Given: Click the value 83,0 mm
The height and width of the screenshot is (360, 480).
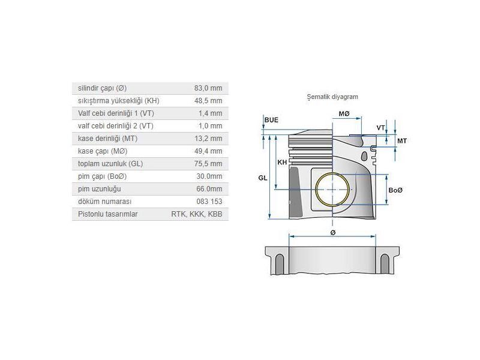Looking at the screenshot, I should click(208, 88).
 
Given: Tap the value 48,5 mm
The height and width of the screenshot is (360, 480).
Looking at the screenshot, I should click(208, 101).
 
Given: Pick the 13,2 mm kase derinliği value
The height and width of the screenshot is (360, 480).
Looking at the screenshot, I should click(208, 139).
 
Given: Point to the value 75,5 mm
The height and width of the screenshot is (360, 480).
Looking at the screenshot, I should click(208, 164).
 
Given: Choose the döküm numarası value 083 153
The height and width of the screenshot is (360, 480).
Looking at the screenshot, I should click(210, 202).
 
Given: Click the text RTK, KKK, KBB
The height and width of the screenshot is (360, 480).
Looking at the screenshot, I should click(197, 214).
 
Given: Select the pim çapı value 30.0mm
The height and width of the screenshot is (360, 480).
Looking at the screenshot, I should click(208, 176).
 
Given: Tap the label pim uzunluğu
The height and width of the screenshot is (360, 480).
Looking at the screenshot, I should click(95, 189).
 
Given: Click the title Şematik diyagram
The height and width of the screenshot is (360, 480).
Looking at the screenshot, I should click(332, 96).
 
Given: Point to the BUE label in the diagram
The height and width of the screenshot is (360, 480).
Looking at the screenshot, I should click(271, 120).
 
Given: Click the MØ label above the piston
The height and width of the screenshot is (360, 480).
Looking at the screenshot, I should click(344, 114).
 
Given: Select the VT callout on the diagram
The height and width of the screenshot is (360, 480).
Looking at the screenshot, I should click(380, 128).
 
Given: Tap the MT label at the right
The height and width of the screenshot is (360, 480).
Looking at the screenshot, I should click(402, 140).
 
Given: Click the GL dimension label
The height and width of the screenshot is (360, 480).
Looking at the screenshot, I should click(263, 178).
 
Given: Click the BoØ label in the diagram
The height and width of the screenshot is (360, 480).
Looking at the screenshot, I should click(395, 190).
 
